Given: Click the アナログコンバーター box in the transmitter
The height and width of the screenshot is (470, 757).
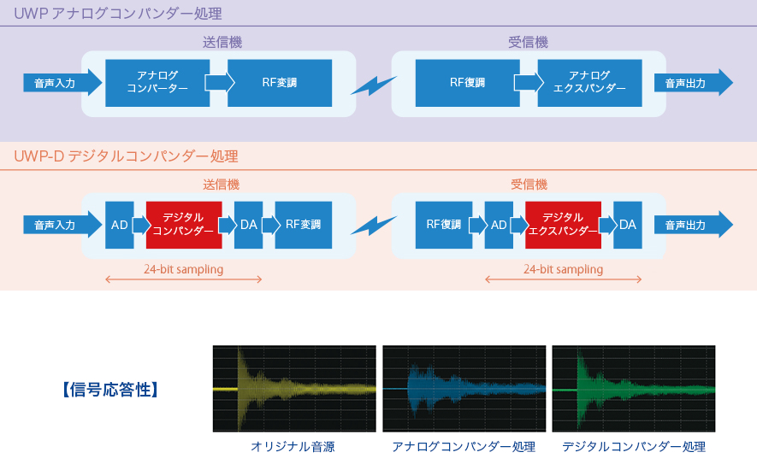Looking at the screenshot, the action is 157,83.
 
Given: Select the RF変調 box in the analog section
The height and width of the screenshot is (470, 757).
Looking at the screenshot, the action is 280,83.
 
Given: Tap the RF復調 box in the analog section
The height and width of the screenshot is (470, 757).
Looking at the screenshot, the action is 467,83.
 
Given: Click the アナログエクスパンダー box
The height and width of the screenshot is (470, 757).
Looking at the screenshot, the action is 589,83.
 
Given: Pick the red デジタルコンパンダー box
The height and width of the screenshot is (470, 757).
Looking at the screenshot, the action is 184,225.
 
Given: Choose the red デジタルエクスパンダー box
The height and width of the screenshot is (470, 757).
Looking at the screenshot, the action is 563,225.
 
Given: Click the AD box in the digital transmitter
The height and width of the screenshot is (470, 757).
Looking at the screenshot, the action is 119,225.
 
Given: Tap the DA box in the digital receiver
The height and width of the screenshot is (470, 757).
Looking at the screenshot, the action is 628,225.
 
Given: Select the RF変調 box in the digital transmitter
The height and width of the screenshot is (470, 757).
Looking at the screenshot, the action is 303,225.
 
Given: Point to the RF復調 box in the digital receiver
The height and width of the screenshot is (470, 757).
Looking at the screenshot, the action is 444,225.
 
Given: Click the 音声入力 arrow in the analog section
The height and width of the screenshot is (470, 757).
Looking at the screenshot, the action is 62,83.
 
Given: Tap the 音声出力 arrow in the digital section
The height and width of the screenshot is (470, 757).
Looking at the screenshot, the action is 693,225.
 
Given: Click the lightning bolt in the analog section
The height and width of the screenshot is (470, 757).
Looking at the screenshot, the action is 373,85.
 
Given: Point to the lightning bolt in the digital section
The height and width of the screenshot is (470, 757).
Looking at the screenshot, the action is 373,226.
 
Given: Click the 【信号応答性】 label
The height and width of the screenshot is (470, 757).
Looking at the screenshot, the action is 110,390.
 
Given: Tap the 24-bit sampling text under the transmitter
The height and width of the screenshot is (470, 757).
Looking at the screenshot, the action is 183,269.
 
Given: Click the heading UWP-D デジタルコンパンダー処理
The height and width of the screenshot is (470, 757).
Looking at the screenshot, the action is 126,156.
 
